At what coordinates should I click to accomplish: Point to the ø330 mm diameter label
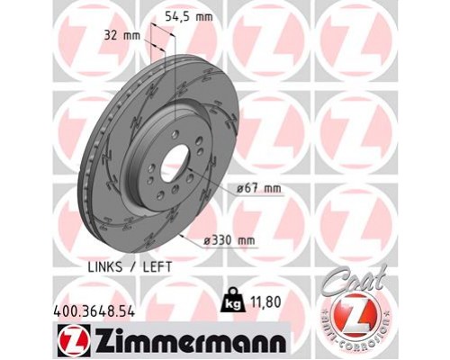(x=230, y=240)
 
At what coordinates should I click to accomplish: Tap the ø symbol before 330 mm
(x=210, y=240)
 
